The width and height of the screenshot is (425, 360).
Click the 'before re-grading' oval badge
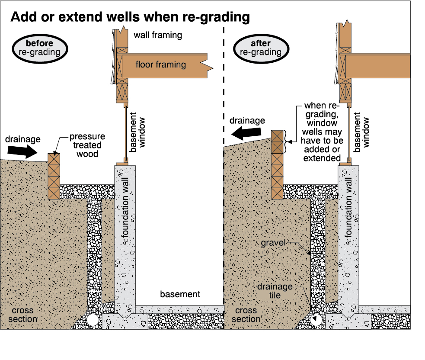40,48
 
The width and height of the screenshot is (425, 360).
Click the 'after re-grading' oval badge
261,48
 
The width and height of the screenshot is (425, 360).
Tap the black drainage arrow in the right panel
246,133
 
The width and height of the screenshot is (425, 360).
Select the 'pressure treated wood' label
87,145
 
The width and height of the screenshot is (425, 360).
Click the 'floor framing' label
161,64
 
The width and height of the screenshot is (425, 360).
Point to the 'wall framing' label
158,35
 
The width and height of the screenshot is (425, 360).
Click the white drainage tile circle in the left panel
93,320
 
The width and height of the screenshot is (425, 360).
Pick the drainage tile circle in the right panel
316,320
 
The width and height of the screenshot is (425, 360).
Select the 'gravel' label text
273,243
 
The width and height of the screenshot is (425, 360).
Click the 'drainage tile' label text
275,291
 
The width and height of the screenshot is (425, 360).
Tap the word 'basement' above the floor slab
180,294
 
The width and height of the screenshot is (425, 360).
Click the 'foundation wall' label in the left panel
125,208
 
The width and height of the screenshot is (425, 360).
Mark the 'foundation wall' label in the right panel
348,208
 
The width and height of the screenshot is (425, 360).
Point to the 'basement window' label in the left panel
137,132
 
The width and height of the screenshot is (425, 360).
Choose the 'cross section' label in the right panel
246,315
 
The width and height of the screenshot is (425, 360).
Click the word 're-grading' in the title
216,17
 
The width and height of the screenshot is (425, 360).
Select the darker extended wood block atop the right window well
277,141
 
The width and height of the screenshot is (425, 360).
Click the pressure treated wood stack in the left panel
54,177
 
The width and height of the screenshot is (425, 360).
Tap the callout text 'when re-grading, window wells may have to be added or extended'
322,132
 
